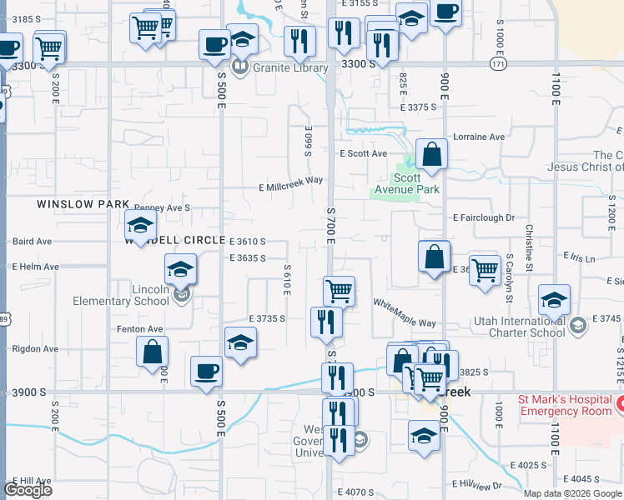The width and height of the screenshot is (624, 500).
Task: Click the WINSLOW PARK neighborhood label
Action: (83, 204)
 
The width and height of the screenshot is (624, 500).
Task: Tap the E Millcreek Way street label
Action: (290, 186)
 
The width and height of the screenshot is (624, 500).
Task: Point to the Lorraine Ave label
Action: (479, 137)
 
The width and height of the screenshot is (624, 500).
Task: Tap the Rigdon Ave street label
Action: (29, 349)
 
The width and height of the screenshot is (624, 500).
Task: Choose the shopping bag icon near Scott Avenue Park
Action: (431, 154)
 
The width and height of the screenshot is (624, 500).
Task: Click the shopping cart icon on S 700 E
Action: (339, 291)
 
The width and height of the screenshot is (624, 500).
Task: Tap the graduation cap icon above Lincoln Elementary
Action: (180, 269)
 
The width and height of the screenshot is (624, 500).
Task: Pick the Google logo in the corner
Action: (28, 490)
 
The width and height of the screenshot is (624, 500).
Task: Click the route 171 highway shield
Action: (497, 64)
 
